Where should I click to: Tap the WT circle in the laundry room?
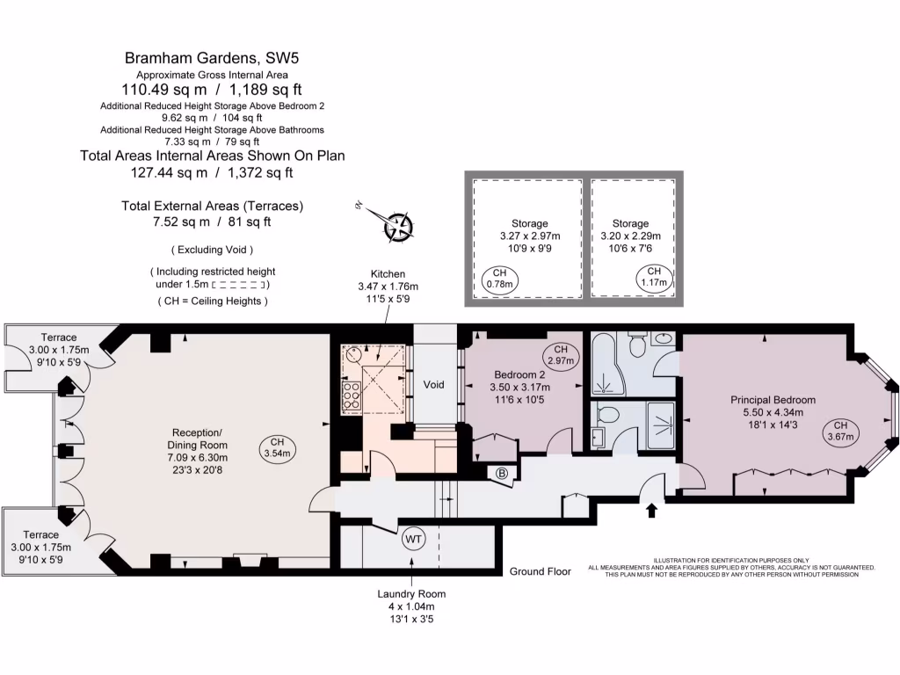413,540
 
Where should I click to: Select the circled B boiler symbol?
503,473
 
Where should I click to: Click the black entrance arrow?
651,511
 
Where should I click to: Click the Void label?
434,385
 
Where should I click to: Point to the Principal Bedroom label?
773,400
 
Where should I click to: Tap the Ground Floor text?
540,571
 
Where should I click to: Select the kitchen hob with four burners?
350,396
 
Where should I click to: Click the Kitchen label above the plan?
387,274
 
